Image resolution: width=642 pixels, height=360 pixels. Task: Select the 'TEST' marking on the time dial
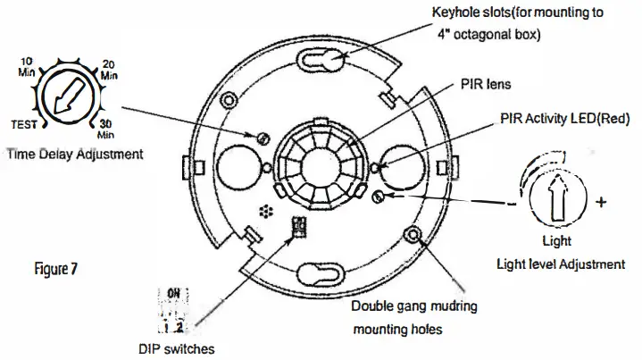click(x=22, y=125)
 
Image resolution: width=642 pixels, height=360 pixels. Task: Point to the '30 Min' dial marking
click(x=105, y=129)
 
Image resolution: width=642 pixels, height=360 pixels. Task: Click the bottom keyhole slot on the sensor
click(x=322, y=274)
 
